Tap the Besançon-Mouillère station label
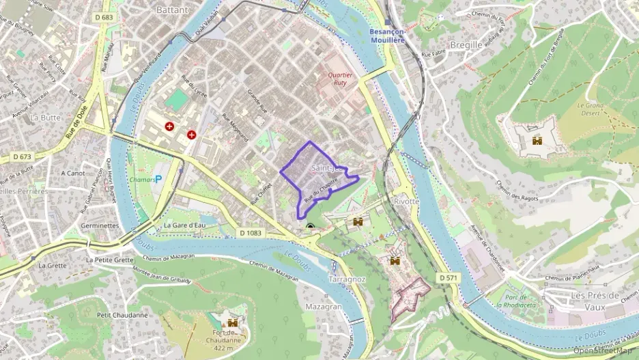[x=386, y=36]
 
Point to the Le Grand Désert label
[x=592, y=109]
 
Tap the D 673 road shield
[x=22, y=156]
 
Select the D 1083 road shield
[x=251, y=233]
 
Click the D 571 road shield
[x=448, y=278]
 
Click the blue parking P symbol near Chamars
[x=159, y=179]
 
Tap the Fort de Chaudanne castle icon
[x=233, y=322]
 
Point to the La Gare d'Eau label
[x=184, y=225]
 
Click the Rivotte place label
[x=406, y=202]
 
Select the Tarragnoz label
[x=347, y=280]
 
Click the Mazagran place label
[x=323, y=307]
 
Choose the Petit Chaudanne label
[x=122, y=315]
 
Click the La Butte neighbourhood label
[x=46, y=117]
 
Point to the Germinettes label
[x=99, y=225]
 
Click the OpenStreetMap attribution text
[x=603, y=350]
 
